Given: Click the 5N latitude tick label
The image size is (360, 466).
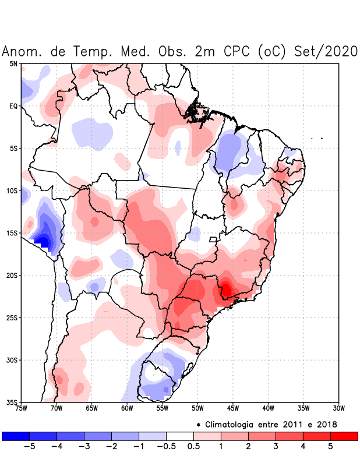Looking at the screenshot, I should [x=13, y=63].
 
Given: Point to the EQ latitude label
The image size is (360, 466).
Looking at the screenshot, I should [x=13, y=106].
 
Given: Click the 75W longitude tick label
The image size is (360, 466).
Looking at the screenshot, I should [x=21, y=408].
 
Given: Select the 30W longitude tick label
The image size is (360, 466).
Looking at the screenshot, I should [x=338, y=408].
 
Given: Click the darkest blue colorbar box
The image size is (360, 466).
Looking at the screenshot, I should [x=15, y=436].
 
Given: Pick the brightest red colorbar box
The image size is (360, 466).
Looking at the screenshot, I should [x=344, y=436].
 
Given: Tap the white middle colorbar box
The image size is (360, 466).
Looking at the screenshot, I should [x=179, y=436].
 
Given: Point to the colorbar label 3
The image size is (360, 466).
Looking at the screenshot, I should [x=276, y=447].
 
